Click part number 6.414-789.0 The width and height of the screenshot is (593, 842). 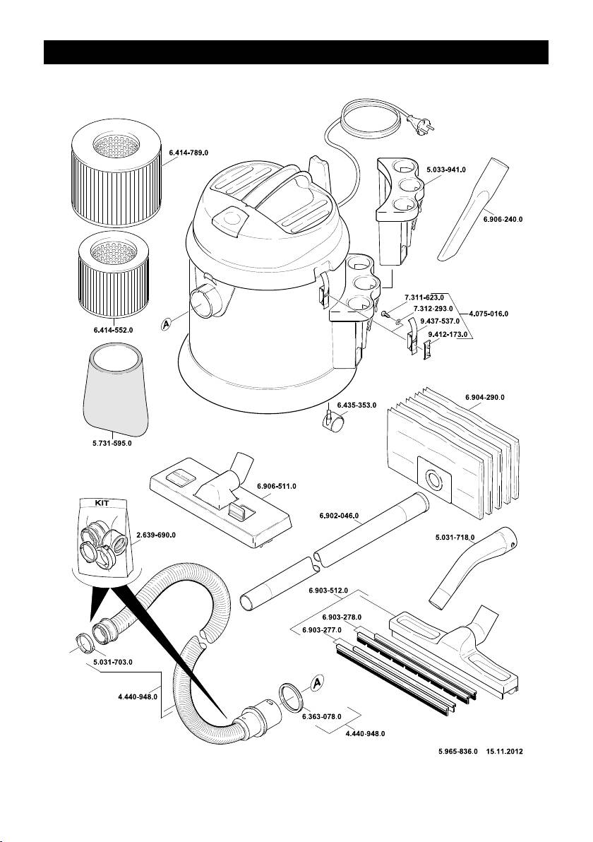point(189,152)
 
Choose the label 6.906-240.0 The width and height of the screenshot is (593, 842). point(503,220)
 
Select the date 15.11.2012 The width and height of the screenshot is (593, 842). point(506,752)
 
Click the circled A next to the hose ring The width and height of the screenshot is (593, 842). point(317,683)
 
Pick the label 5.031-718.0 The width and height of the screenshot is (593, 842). point(454,538)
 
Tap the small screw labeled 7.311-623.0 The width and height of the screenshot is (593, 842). point(384,313)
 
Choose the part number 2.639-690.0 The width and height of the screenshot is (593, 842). point(155,535)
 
